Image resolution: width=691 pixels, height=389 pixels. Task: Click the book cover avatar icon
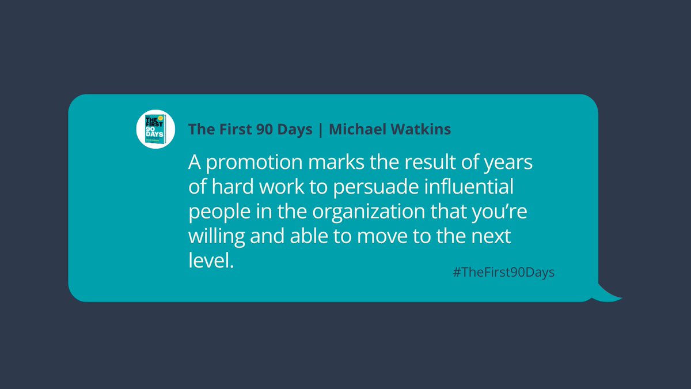point(155,128)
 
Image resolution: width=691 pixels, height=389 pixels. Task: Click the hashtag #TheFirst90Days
point(503,273)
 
